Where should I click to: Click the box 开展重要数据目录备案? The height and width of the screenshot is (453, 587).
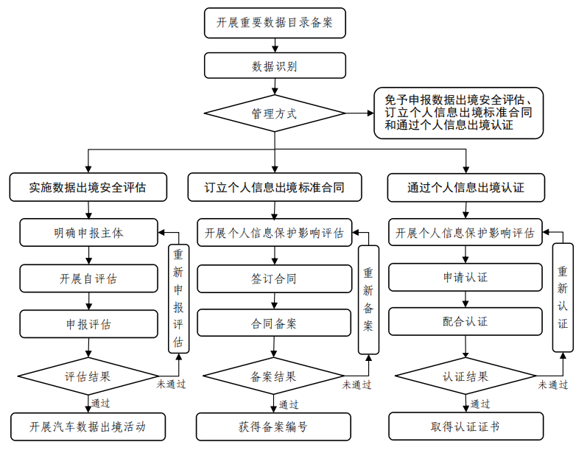pyautogui.click(x=274, y=23)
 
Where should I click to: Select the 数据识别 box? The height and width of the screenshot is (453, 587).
pyautogui.click(x=274, y=66)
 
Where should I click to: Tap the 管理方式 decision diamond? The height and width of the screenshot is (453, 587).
pyautogui.click(x=274, y=113)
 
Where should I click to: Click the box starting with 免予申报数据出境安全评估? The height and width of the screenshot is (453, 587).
pyautogui.click(x=458, y=113)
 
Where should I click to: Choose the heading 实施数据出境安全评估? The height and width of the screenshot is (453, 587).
pyautogui.click(x=88, y=187)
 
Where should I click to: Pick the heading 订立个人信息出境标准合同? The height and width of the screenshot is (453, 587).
pyautogui.click(x=274, y=187)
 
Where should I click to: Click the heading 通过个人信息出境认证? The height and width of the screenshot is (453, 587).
pyautogui.click(x=465, y=187)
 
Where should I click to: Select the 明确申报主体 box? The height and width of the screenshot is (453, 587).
pyautogui.click(x=88, y=233)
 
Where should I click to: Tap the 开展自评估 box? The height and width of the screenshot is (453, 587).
pyautogui.click(x=88, y=278)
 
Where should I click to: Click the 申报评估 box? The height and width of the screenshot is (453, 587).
pyautogui.click(x=88, y=323)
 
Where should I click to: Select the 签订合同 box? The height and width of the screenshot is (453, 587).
pyautogui.click(x=274, y=278)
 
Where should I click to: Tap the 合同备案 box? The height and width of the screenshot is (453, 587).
pyautogui.click(x=274, y=323)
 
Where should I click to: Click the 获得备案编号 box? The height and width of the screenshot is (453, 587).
pyautogui.click(x=274, y=426)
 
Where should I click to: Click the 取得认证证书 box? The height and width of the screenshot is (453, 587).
pyautogui.click(x=465, y=426)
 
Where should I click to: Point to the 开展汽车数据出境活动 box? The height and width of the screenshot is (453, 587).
pyautogui.click(x=88, y=426)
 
